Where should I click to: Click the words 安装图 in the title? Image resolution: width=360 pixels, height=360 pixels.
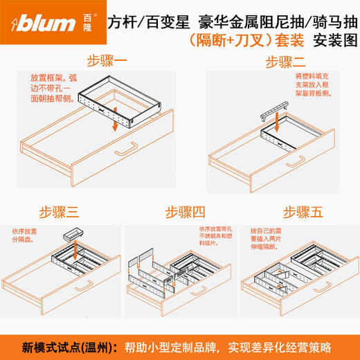(x=332, y=40)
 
